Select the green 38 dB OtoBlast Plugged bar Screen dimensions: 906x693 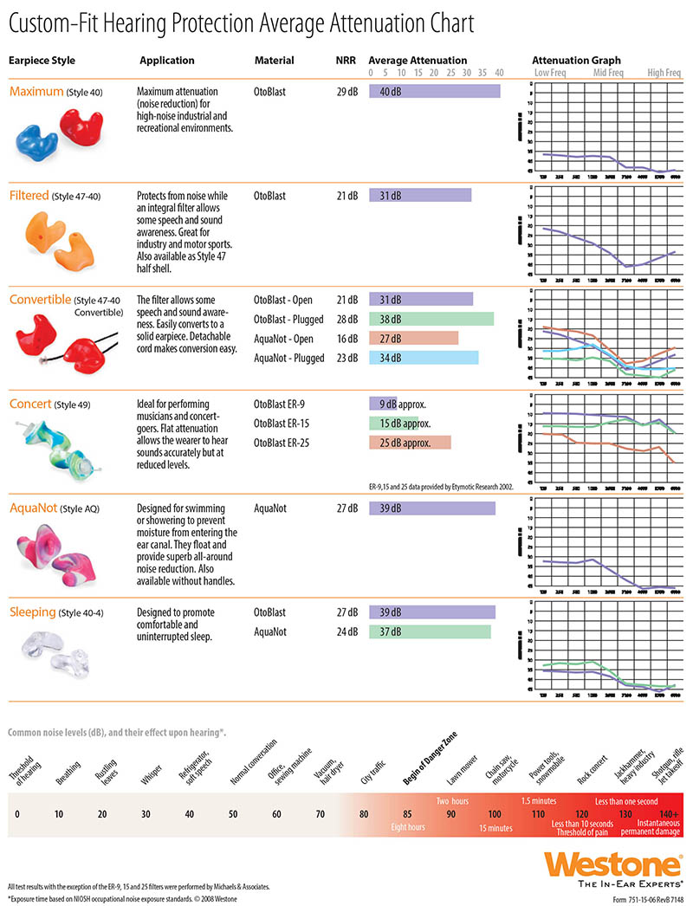click(431, 319)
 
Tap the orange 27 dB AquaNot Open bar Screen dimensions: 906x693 click(413, 339)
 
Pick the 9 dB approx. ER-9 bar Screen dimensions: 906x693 click(383, 404)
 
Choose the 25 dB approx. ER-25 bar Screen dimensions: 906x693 click(410, 443)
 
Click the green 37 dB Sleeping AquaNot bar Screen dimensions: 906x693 click(430, 632)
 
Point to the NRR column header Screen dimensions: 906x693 click(344, 61)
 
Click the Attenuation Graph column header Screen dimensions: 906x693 click(576, 61)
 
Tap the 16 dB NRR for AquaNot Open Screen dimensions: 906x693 click(346, 339)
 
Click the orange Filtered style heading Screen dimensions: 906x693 click(29, 196)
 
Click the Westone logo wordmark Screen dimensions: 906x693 click(618, 863)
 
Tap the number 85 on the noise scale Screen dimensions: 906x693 click(407, 815)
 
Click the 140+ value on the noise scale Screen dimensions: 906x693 click(669, 814)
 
